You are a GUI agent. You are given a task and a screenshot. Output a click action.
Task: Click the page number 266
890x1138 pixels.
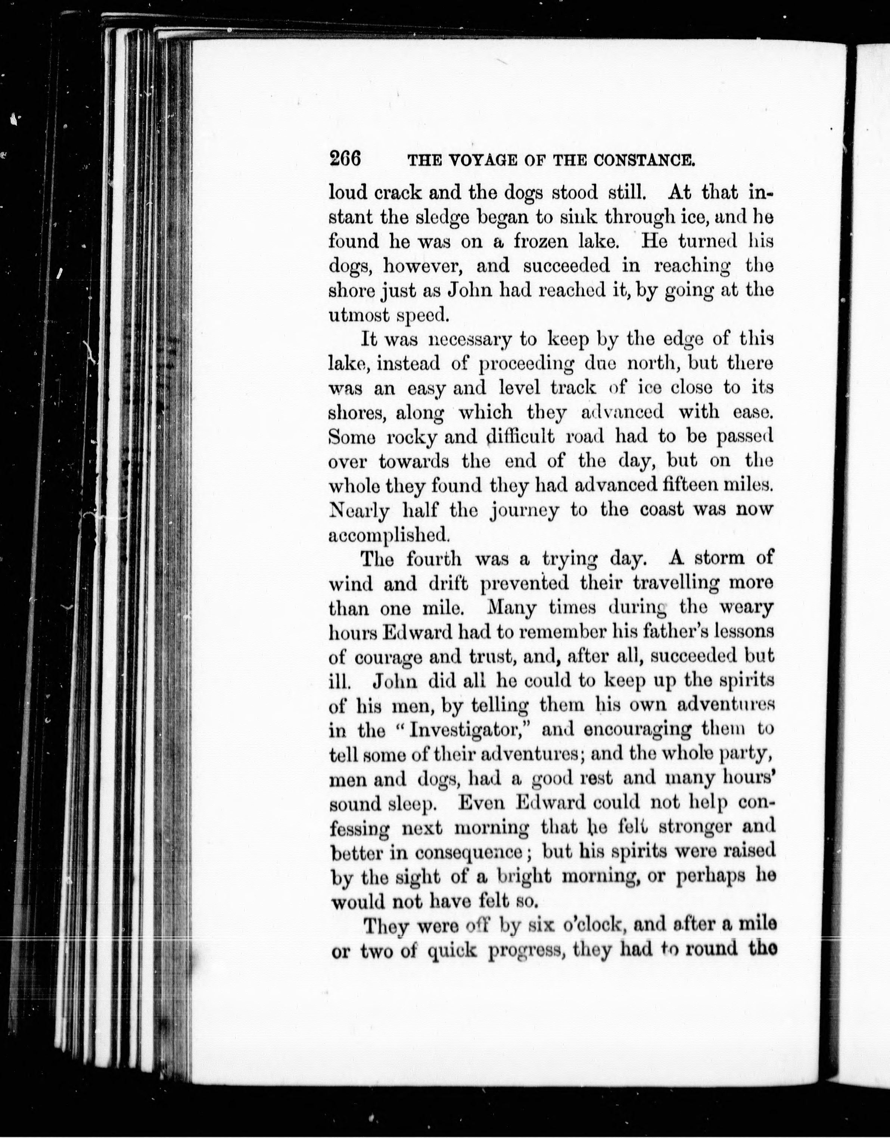pyautogui.click(x=345, y=158)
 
